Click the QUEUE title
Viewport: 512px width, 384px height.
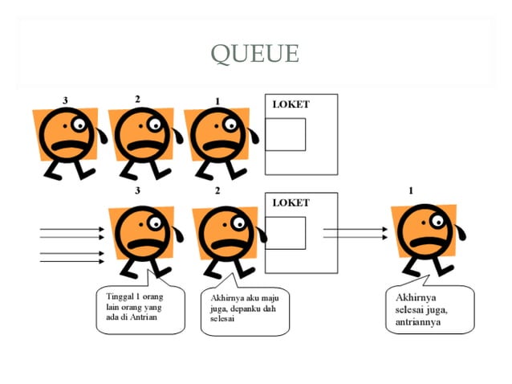pos(254,54)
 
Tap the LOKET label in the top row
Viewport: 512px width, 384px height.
pos(291,104)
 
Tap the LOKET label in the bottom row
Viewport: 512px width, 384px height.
pos(291,202)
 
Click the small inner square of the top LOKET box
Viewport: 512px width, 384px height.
pos(285,134)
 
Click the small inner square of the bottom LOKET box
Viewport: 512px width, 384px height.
pos(285,232)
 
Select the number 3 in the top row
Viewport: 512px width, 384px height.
pos(64,100)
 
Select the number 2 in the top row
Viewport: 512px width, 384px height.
pos(137,99)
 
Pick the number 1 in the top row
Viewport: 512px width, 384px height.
pos(217,101)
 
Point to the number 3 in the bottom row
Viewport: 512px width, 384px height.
pos(137,190)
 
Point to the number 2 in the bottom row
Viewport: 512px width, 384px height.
pos(217,190)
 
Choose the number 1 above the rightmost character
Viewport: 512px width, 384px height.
pos(412,190)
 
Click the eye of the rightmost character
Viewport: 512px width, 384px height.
pos(437,219)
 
